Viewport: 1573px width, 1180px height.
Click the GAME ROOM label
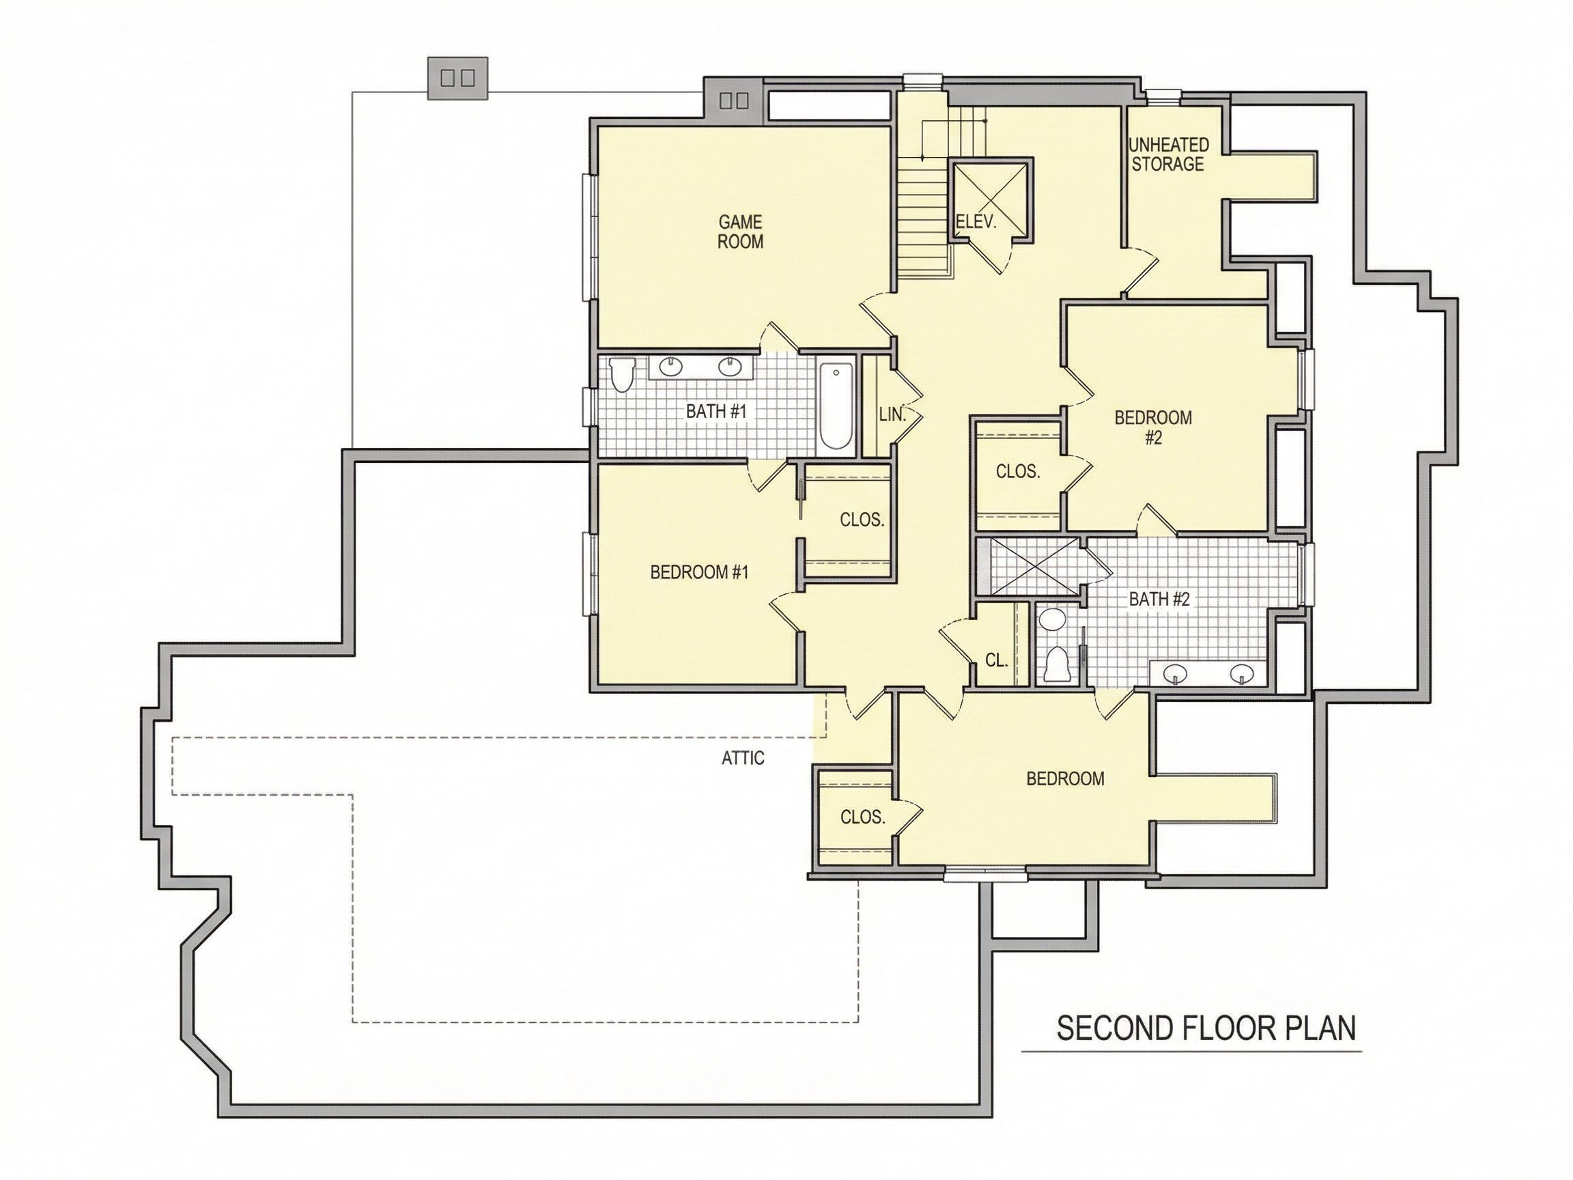click(x=740, y=232)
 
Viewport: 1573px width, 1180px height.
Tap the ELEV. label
click(x=976, y=222)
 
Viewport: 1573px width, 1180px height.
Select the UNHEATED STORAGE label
click(x=1168, y=154)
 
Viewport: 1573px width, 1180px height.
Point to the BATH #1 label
click(x=716, y=411)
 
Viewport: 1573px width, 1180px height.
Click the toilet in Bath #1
click(x=621, y=375)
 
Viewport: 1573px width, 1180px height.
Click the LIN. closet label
click(x=892, y=414)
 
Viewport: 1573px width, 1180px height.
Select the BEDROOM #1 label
click(x=700, y=572)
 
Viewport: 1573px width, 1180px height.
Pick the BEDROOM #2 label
click(x=1152, y=427)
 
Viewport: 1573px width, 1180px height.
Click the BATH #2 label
click(x=1159, y=599)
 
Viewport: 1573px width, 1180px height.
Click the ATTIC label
click(x=742, y=758)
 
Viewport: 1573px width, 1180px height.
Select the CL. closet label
click(x=996, y=660)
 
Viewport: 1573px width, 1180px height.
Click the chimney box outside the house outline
click(x=457, y=78)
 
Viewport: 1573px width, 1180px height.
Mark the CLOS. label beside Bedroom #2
click(x=1018, y=471)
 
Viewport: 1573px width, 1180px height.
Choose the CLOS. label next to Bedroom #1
click(x=862, y=520)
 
